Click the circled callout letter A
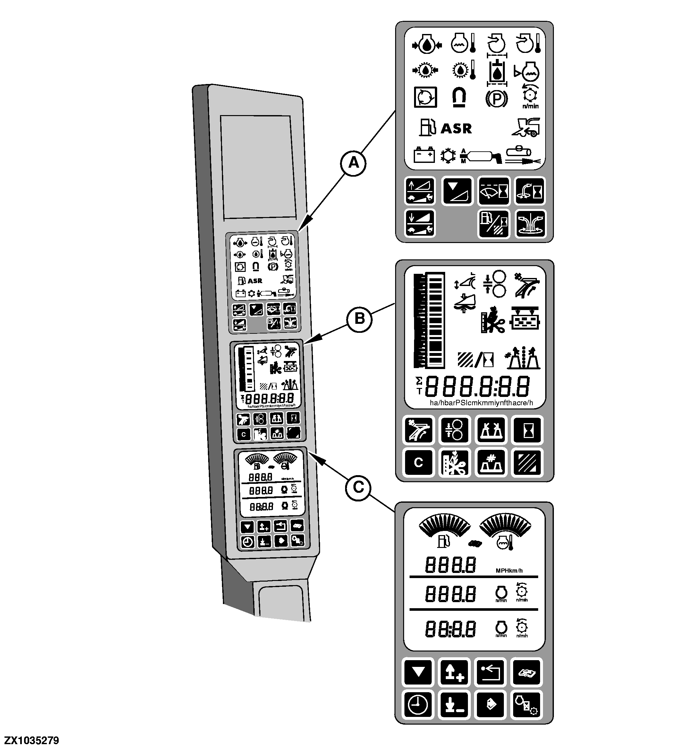pos(353,163)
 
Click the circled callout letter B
pos(360,319)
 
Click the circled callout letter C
pos(359,488)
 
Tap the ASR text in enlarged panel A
pos(456,129)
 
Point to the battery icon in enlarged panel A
pos(424,155)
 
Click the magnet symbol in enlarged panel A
pos(459,97)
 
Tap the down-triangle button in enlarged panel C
pos(418,672)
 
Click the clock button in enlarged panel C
pos(418,704)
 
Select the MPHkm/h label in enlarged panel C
pos(509,571)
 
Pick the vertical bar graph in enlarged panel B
pos(429,320)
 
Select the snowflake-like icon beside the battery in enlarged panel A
pos(447,155)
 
